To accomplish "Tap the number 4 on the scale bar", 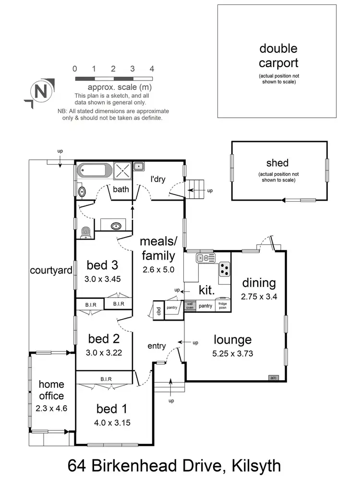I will pos(152,69).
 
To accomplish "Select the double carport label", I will pos(278,56).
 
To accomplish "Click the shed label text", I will pos(278,163).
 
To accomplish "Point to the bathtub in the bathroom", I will pos(95,170).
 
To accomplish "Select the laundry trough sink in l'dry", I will pos(139,167).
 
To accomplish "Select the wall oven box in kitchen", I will pos(190,306).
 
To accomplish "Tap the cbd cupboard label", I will pos(158,309).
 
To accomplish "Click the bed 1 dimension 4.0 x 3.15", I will pos(113,423).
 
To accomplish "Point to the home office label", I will pos(51,390).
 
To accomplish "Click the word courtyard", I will pos(51,270).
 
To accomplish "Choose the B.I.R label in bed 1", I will pos(106,379).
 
